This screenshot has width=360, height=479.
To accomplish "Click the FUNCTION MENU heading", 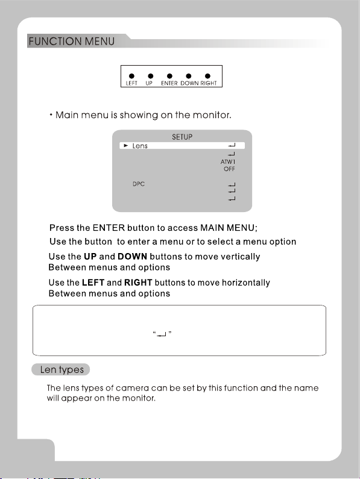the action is pyautogui.click(x=72, y=41).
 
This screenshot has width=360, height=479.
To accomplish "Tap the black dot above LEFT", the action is pyautogui.click(x=131, y=76).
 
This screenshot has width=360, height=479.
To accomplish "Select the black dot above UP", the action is pyautogui.click(x=151, y=76).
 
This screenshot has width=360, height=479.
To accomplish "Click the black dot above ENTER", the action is pyautogui.click(x=169, y=76).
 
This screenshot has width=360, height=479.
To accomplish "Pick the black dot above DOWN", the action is pyautogui.click(x=188, y=76).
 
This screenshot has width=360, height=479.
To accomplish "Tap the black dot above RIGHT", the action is pyautogui.click(x=207, y=76).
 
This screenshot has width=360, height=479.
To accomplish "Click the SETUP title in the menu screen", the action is pyautogui.click(x=182, y=137).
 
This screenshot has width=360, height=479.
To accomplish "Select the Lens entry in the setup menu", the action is pyautogui.click(x=140, y=146).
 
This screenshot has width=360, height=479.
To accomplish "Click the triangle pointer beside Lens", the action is pyautogui.click(x=125, y=146).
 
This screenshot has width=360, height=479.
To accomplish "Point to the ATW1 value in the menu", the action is pyautogui.click(x=228, y=162).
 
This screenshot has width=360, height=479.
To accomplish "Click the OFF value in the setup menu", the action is pyautogui.click(x=229, y=169).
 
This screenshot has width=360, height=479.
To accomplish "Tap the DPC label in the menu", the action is pyautogui.click(x=139, y=184).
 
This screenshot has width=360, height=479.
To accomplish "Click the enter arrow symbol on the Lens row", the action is pyautogui.click(x=232, y=145).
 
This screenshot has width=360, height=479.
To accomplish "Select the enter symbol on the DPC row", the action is pyautogui.click(x=232, y=185).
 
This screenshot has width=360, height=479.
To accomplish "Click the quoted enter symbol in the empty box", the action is pyautogui.click(x=162, y=334).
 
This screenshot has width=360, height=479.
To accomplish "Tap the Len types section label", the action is pyautogui.click(x=62, y=369).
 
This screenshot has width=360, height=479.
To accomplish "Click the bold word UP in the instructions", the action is pyautogui.click(x=90, y=257).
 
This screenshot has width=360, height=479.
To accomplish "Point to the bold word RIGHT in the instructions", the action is pyautogui.click(x=138, y=283).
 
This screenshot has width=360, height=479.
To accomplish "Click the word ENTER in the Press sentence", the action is pyautogui.click(x=109, y=228).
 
